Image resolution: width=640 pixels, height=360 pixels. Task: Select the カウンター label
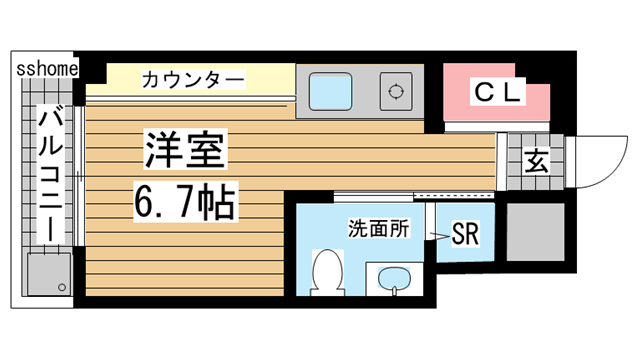point(191,77)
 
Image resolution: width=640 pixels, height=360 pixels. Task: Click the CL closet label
point(497,94)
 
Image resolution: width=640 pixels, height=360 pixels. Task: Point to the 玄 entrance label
point(537,160)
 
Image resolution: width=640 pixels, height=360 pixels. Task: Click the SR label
point(465,233)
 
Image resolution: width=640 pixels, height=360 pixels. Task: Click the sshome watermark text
point(46,68)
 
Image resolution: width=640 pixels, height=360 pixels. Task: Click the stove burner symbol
point(396,92)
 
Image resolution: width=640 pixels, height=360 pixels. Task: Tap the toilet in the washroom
point(327,273)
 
